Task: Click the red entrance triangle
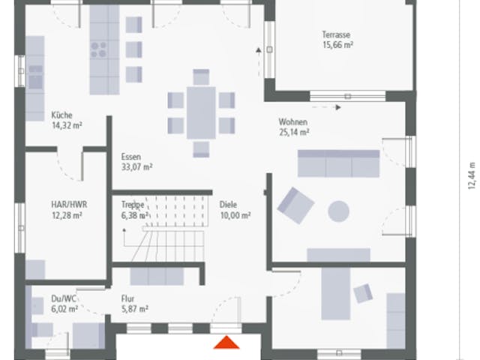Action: click(226, 343)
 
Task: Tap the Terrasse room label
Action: click(336, 34)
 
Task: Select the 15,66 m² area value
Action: click(337, 45)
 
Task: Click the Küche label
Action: click(61, 115)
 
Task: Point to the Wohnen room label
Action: click(292, 121)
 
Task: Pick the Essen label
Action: click(131, 157)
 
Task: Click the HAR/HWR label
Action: click(69, 205)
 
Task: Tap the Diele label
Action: click(228, 205)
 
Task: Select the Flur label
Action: click(127, 298)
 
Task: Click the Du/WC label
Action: click(63, 298)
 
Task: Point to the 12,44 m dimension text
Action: click(472, 175)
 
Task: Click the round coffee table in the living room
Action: click(338, 211)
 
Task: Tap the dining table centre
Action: click(201, 113)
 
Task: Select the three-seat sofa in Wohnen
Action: click(338, 163)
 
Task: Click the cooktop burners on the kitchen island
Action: click(98, 50)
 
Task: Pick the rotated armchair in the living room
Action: click(295, 205)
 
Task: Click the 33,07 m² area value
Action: click(136, 167)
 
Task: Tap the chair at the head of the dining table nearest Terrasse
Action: click(201, 76)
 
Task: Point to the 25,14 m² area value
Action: click(294, 132)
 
